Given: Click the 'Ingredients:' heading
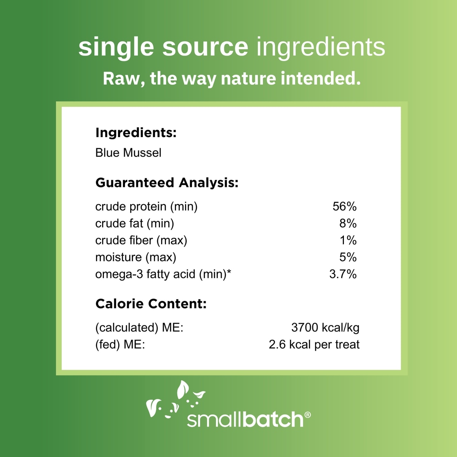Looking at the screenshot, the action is pos(136,133).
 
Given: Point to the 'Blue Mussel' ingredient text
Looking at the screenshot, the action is pos(128,152).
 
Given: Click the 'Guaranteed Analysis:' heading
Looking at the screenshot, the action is pos(167,183).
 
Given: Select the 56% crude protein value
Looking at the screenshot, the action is pos(344,206).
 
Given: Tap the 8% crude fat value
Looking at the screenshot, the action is pos(348,224).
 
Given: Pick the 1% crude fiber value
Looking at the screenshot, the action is pos(348,240).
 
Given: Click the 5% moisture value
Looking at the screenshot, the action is pos(348,257).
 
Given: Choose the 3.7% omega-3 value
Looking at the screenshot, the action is pos(343,274).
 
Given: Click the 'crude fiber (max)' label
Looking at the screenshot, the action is pos(141,240).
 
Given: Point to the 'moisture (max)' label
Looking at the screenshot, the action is pos(136,257).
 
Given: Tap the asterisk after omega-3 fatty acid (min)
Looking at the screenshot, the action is pos(228,272).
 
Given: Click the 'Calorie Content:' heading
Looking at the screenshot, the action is pos(151,304).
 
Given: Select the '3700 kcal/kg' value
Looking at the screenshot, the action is pos(325,328).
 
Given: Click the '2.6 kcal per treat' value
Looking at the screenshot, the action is pos(314,345).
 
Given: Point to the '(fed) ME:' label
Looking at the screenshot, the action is pos(120,345).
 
